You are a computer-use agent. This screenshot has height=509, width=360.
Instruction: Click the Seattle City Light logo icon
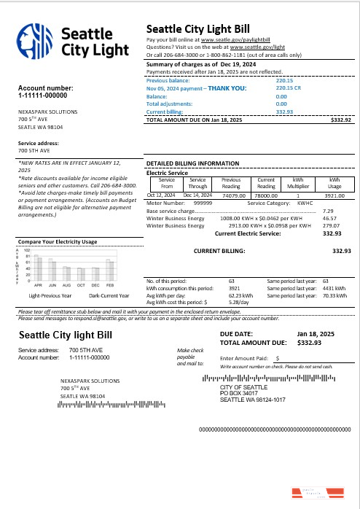pyautogui.click(x=34, y=41)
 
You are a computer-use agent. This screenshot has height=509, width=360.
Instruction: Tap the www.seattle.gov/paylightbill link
pyautogui.click(x=233, y=39)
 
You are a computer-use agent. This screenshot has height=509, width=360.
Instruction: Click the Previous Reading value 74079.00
pyautogui.click(x=231, y=195)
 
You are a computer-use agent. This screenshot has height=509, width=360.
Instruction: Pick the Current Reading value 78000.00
pyautogui.click(x=266, y=195)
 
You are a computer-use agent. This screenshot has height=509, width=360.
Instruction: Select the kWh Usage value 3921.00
pyautogui.click(x=334, y=195)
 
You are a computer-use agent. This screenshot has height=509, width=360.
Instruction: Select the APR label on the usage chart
pyautogui.click(x=38, y=285)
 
